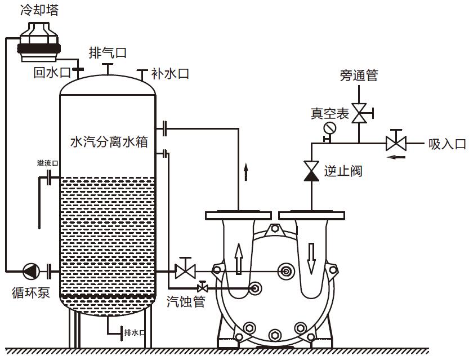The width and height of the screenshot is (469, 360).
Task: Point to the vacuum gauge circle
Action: click(329, 129)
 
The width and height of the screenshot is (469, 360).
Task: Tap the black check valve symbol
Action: click(311, 170)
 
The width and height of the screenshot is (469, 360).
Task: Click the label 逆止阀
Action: click(343, 171)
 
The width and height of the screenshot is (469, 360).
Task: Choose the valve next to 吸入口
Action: click(396, 141)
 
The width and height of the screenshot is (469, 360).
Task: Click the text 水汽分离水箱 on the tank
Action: click(109, 141)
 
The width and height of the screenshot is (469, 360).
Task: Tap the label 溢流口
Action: click(47, 163)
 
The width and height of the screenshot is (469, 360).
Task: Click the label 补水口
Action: click(169, 74)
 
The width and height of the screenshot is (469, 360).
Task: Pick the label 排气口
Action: click(108, 53)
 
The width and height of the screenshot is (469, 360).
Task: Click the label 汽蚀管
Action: click(185, 301)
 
